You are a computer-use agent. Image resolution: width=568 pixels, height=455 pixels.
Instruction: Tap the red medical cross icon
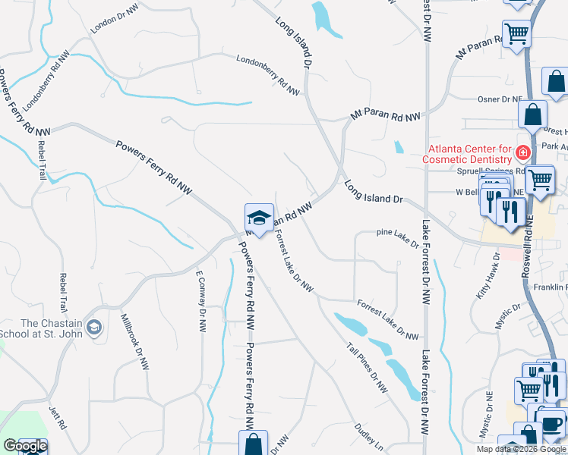click(522, 153)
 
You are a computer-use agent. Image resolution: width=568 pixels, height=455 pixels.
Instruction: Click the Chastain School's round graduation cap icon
click(94, 328)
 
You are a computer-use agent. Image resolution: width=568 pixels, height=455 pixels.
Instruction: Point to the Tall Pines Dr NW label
click(368, 369)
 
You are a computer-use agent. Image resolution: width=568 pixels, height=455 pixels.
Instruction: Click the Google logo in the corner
click(24, 446)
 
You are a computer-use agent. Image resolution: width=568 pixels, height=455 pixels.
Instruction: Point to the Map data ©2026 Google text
click(520, 449)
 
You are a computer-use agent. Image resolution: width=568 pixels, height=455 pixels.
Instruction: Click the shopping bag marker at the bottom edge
click(254, 443)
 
